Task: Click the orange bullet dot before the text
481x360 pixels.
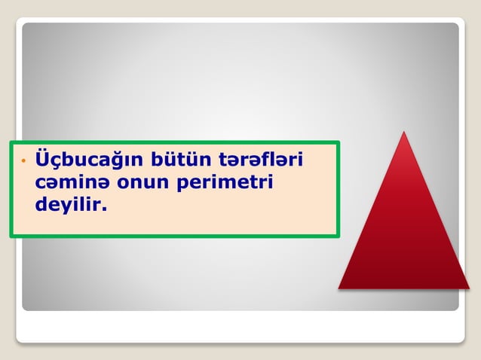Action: click(x=23, y=161)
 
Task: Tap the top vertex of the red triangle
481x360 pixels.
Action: click(x=405, y=133)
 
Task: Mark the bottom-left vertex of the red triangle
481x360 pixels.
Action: click(x=339, y=288)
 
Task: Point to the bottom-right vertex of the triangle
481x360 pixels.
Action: click(x=469, y=288)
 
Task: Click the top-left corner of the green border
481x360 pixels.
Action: click(x=11, y=142)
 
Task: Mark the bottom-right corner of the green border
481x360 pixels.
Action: click(x=339, y=236)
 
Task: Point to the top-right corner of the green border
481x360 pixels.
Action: click(x=339, y=142)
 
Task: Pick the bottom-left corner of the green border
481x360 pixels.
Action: click(x=11, y=236)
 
